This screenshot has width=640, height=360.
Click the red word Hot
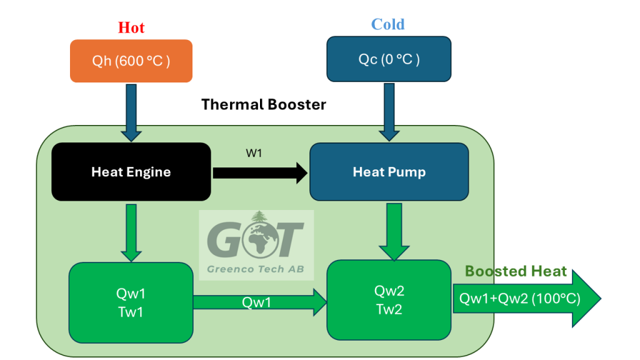tap(131, 27)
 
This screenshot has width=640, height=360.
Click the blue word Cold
tap(387, 24)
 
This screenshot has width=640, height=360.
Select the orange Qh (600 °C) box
tap(131, 61)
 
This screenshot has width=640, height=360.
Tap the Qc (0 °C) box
tap(388, 59)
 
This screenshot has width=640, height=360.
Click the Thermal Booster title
tap(263, 104)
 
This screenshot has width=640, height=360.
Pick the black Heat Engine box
tap(131, 172)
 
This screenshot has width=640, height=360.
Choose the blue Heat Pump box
tap(389, 172)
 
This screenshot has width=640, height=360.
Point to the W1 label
tap(254, 152)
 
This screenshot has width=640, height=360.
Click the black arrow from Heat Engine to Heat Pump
tap(260, 172)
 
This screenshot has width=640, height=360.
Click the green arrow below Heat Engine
tap(131, 231)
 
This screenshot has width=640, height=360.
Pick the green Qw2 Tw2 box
tap(389, 300)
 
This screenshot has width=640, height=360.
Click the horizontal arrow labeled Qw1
tap(260, 302)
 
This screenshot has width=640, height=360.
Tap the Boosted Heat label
tap(516, 271)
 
